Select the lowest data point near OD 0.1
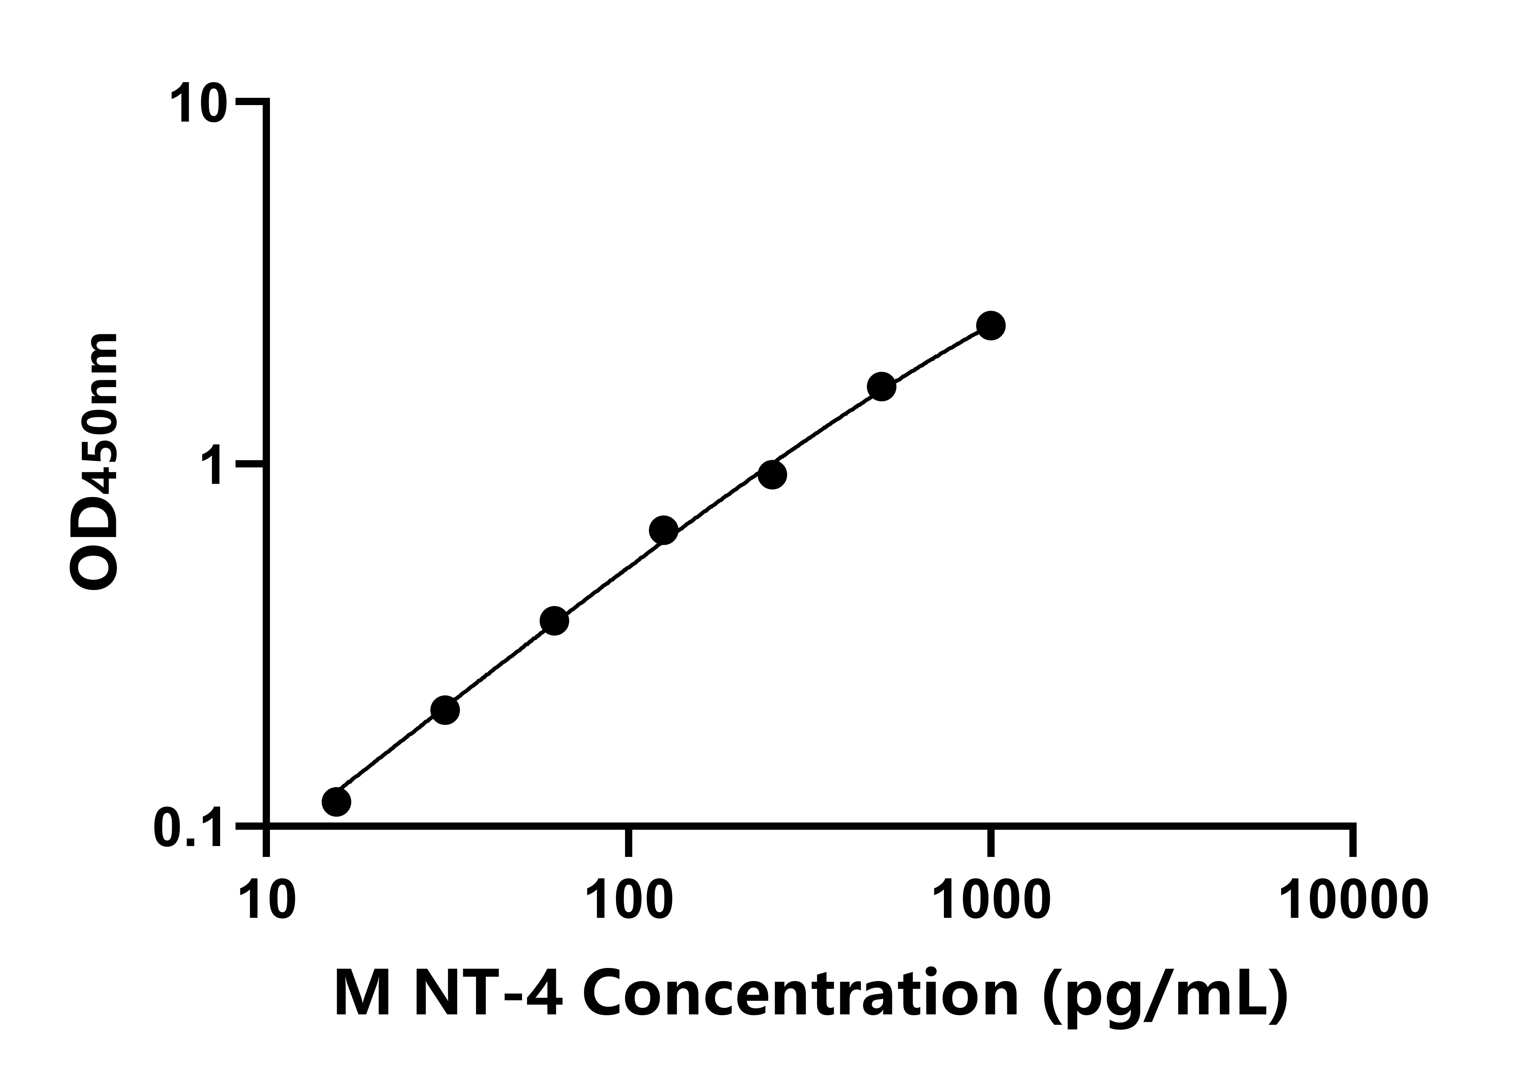coord(336,801)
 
